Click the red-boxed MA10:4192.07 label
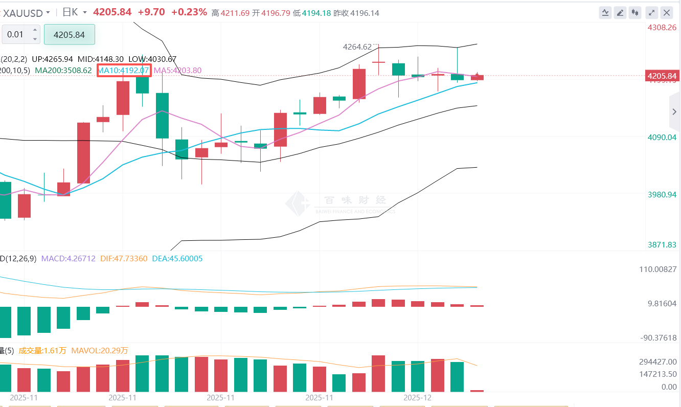tap(124, 70)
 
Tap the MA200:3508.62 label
tap(63, 70)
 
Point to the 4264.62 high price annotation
tap(357, 47)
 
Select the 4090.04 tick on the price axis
tap(662, 137)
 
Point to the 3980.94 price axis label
tap(662, 195)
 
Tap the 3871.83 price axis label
tap(662, 245)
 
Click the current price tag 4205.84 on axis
tap(662, 76)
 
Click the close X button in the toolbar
tap(667, 13)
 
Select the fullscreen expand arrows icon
tap(651, 13)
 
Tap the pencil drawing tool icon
tap(621, 13)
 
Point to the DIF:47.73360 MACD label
tap(123, 259)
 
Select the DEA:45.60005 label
tap(177, 259)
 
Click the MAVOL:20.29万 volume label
tap(100, 351)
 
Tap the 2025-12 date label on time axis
tap(418, 397)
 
